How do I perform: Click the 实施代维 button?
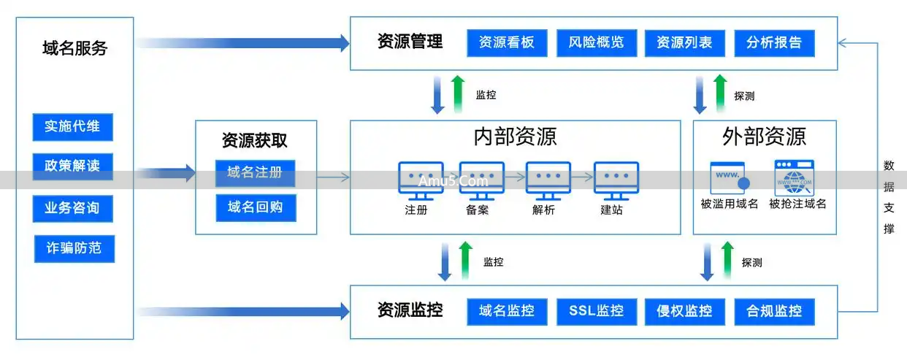tap(72, 126)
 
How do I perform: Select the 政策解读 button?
tap(72, 166)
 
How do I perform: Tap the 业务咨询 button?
tap(72, 208)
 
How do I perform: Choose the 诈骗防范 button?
tap(74, 248)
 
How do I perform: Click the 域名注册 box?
tap(255, 173)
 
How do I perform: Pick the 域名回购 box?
tap(255, 207)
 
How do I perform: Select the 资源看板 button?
tap(507, 42)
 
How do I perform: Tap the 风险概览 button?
tap(596, 42)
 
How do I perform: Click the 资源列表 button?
tap(684, 42)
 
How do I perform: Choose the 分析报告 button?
tap(774, 42)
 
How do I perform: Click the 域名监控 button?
tap(507, 311)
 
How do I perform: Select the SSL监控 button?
tap(596, 311)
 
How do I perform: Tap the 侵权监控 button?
tap(684, 311)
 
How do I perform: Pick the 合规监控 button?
tap(774, 311)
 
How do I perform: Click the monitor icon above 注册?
tap(420, 180)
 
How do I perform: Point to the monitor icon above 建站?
tap(616, 180)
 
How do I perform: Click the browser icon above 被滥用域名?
tap(730, 178)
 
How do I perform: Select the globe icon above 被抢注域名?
tap(795, 177)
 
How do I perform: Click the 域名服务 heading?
tap(74, 49)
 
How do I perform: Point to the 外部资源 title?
tap(764, 137)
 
